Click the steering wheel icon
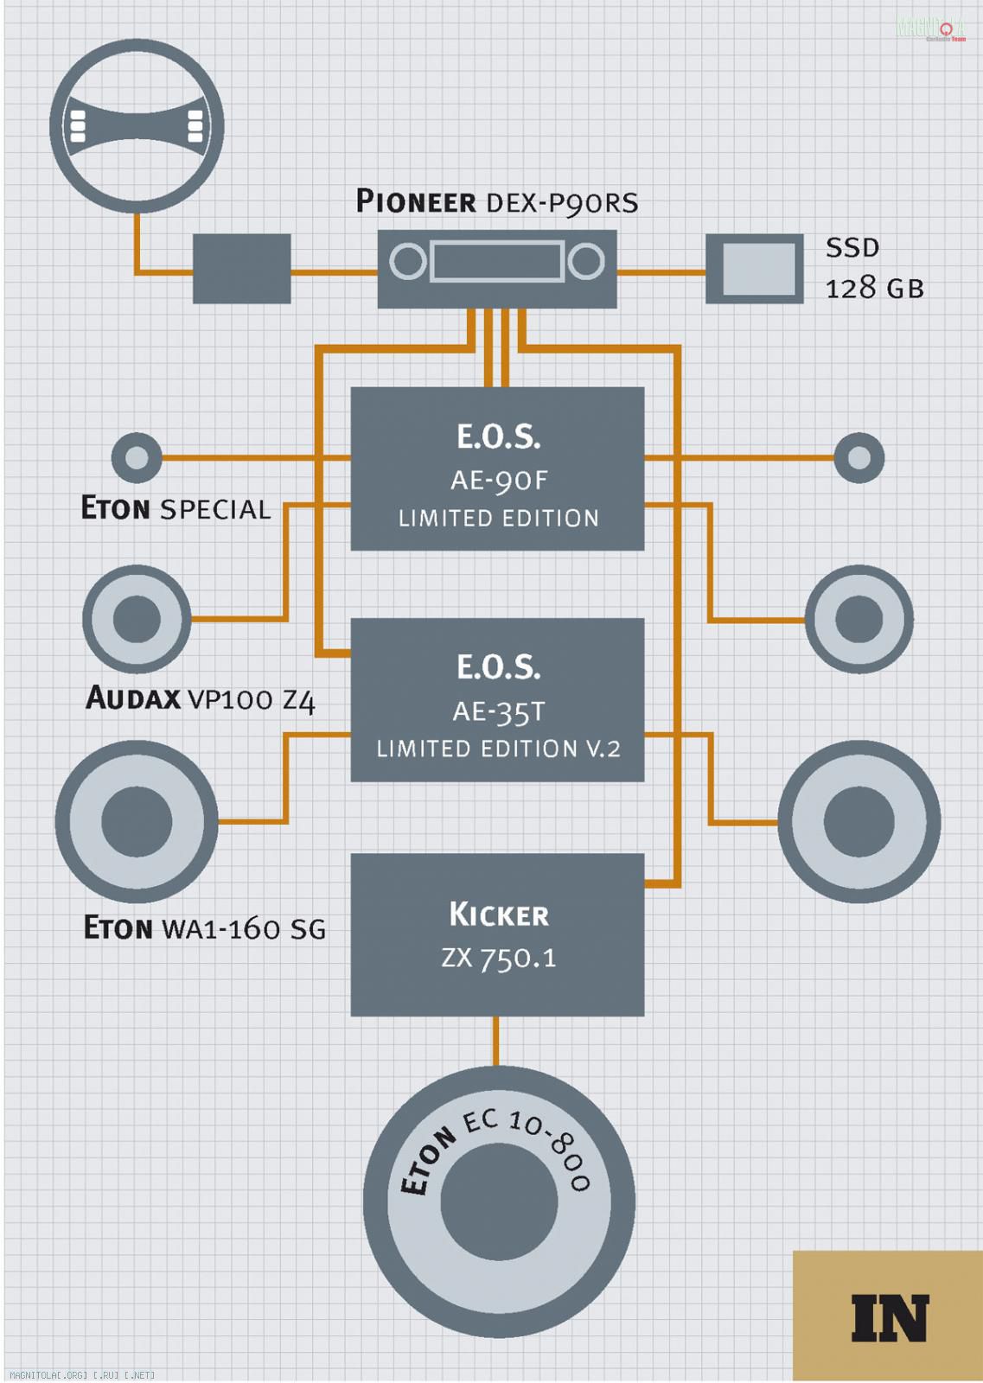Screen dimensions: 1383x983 [137, 126]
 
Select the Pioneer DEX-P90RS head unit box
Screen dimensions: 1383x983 [497, 268]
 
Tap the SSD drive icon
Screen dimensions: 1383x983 [755, 268]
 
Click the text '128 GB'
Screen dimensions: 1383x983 [874, 289]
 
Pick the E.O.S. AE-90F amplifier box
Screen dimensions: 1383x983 [497, 468]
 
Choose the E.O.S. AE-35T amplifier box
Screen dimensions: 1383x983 [497, 699]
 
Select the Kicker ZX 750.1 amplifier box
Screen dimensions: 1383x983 [497, 934]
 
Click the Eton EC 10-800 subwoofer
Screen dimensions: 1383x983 [499, 1201]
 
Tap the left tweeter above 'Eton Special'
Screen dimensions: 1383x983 [137, 457]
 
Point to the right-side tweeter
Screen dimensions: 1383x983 [859, 457]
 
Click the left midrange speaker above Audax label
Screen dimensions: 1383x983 [137, 619]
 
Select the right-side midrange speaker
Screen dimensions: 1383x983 [859, 619]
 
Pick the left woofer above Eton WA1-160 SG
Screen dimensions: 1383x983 [137, 821]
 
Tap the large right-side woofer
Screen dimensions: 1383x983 [859, 821]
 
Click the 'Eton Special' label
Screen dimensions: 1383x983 [176, 508]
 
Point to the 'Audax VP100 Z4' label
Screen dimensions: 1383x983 [201, 698]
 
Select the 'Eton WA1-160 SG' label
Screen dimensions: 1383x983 [204, 928]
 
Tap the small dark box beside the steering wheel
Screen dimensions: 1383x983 [241, 268]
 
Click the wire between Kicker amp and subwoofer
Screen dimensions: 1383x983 [495, 1041]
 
